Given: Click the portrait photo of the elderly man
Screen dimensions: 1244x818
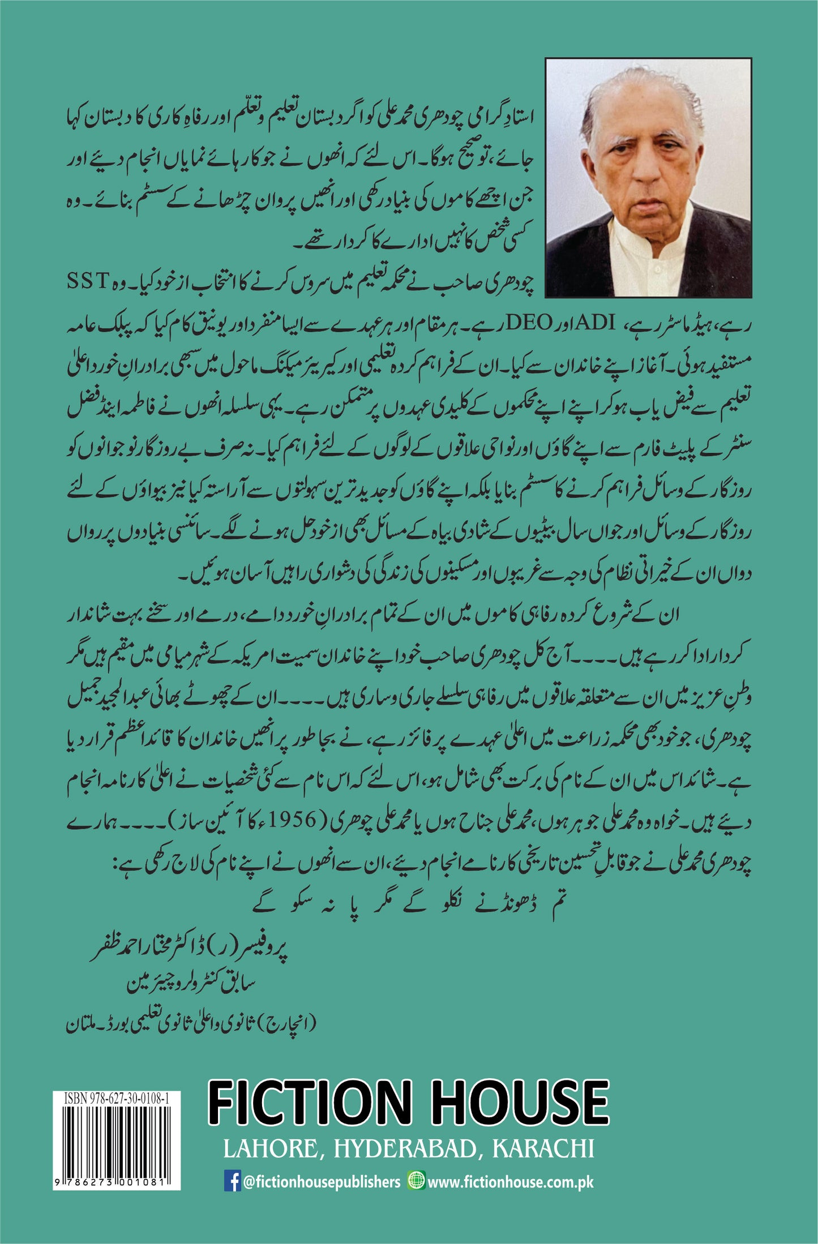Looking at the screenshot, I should point(648,177).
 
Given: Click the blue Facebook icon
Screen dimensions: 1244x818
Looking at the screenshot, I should point(232,1182).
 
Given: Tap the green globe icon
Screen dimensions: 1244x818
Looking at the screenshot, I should point(416,1181).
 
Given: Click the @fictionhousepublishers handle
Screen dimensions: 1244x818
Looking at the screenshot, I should point(322,1182).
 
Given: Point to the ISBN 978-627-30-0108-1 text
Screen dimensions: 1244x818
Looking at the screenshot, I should point(116,1099).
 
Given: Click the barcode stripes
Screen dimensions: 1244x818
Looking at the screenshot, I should point(116,1138).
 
